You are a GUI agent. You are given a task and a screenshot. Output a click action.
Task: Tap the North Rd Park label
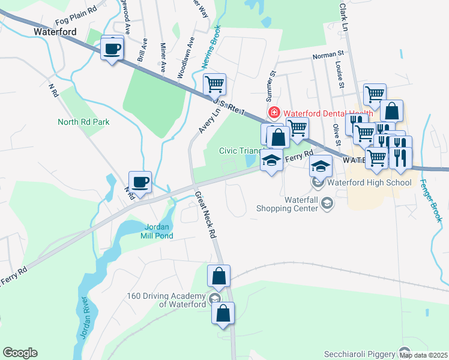pos(83,122)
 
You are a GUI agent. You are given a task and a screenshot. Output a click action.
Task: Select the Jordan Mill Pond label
pos(159,231)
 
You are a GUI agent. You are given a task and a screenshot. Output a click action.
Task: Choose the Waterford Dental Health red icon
pos(274,112)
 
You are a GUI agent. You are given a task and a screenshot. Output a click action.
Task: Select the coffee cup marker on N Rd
pos(140,182)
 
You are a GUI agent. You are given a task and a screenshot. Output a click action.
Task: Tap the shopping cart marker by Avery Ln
pos(214,84)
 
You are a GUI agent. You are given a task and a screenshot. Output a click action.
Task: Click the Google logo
pos(20,353)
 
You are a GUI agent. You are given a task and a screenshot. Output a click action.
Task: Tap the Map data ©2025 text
pos(423,355)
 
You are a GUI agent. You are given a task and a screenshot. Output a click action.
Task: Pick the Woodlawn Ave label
pos(186,59)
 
